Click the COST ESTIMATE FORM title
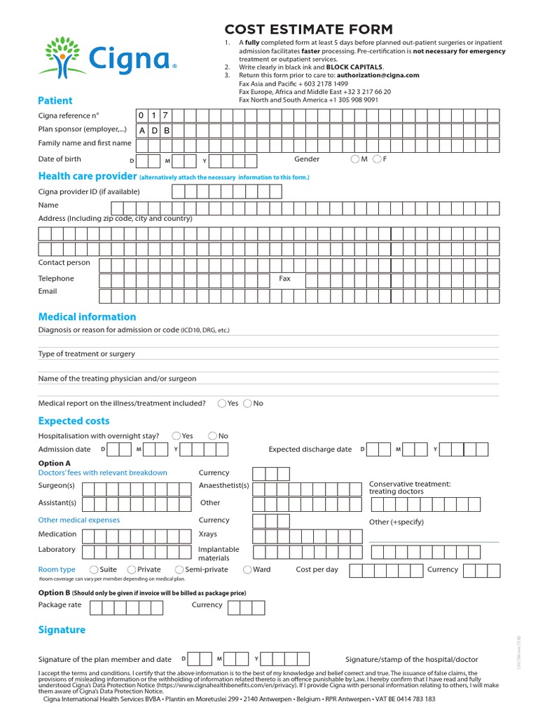point(308,29)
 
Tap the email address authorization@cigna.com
point(378,75)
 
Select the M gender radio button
point(355,159)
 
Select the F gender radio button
point(377,159)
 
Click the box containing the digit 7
point(165,116)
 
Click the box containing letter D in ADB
point(154,130)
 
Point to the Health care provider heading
point(87,176)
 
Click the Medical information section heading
point(87,316)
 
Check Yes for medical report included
point(222,403)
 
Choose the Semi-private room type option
point(179,569)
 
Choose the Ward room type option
point(247,569)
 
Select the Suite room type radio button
point(95,569)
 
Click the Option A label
point(54,463)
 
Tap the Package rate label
point(60,604)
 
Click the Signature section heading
point(62,630)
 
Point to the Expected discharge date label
point(310,449)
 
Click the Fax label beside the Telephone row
point(284,278)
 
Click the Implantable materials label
point(219,553)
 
